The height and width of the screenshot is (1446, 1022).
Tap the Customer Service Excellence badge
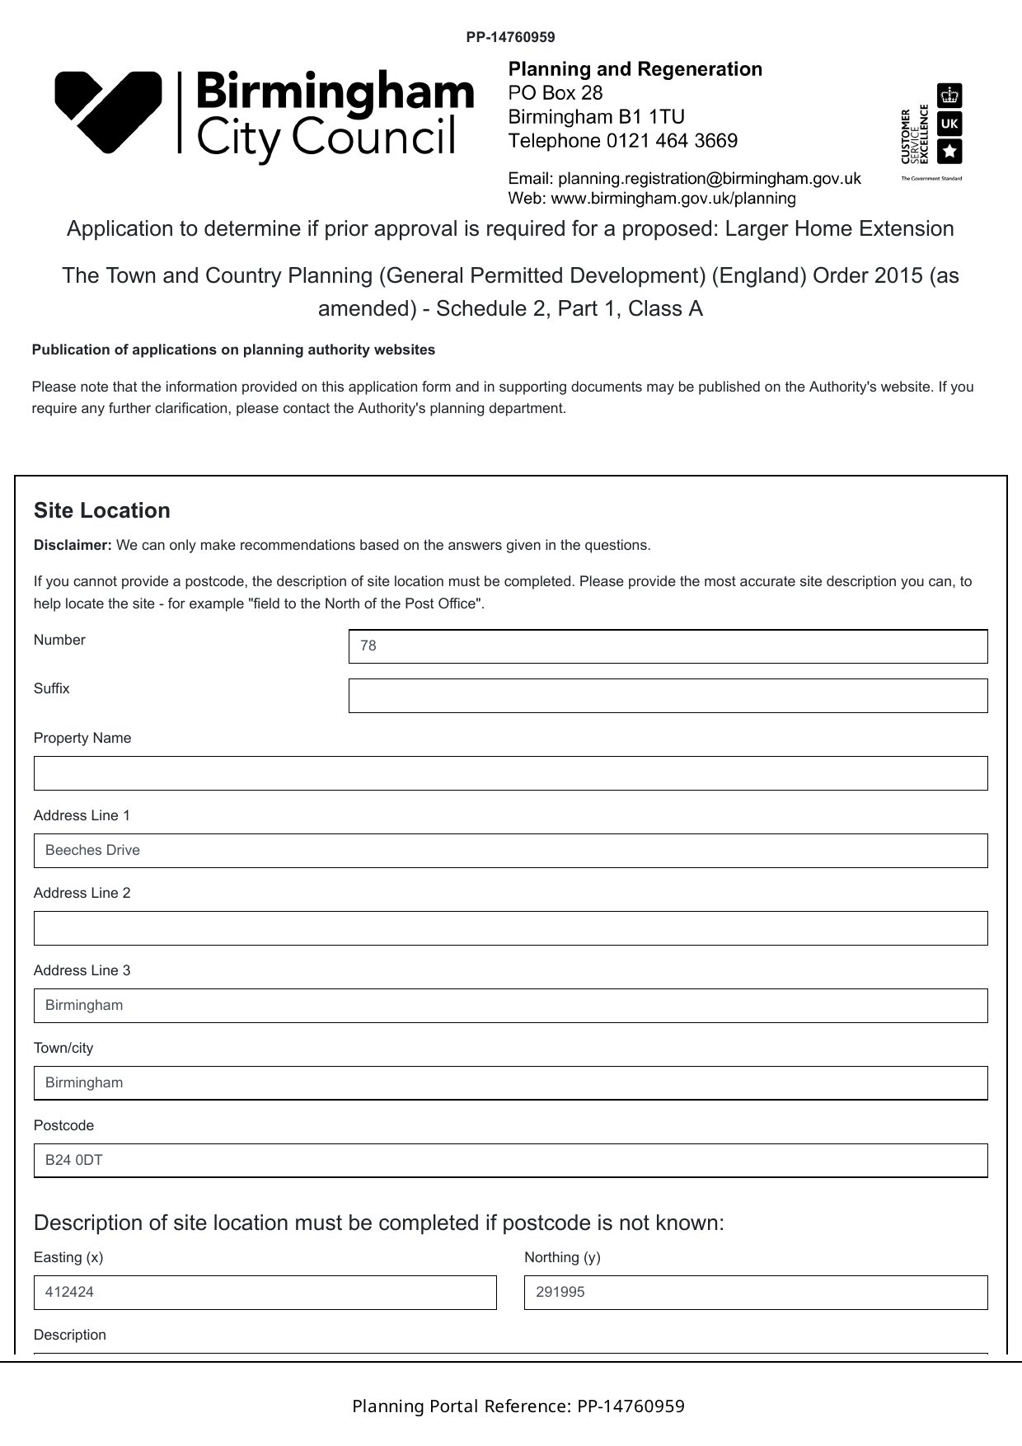click(x=932, y=132)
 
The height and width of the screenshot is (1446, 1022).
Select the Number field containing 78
click(x=668, y=646)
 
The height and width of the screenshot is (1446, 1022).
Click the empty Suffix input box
click(x=668, y=696)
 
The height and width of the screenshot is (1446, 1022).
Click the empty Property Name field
click(x=510, y=773)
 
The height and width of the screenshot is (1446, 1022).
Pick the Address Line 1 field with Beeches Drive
click(x=510, y=851)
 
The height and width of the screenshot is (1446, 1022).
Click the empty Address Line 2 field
click(x=510, y=928)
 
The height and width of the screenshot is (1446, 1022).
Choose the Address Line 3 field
click(x=510, y=1006)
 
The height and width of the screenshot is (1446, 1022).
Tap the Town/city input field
click(x=510, y=1083)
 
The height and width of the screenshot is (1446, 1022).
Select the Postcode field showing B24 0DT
click(x=510, y=1161)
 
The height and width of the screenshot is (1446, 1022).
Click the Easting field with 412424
click(x=265, y=1293)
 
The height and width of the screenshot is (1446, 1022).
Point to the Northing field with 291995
click(x=755, y=1293)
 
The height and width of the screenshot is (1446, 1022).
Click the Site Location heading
click(x=102, y=510)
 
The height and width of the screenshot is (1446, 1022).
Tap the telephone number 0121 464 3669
click(x=672, y=141)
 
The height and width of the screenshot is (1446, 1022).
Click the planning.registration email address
click(x=709, y=178)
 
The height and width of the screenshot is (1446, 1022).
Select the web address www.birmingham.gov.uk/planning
click(x=673, y=199)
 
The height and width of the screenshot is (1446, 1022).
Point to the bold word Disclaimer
click(x=73, y=545)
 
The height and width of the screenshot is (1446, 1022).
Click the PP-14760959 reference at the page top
click(x=510, y=37)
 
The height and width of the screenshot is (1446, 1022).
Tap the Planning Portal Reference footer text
click(x=518, y=1406)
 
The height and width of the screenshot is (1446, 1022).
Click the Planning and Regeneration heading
click(x=635, y=69)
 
